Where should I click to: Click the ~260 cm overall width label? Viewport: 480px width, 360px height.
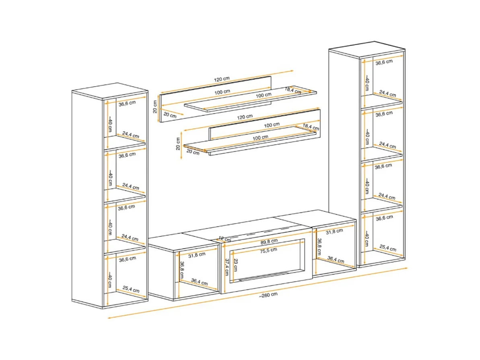(268, 295)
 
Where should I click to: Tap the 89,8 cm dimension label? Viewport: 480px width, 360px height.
(269, 242)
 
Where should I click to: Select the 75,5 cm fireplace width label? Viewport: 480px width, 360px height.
(268, 250)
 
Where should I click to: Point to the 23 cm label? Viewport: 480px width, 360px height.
(235, 265)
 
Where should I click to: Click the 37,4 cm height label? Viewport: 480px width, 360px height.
(227, 267)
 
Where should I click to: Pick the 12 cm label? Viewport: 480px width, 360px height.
(225, 239)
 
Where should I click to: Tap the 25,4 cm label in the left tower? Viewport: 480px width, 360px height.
(131, 289)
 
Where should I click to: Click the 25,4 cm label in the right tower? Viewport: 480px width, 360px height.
(388, 248)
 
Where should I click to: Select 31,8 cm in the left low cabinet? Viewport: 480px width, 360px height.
(197, 255)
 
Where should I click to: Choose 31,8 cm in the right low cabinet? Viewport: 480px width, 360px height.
(334, 232)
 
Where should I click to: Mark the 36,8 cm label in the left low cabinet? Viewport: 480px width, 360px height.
(182, 270)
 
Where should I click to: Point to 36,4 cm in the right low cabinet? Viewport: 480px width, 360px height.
(336, 260)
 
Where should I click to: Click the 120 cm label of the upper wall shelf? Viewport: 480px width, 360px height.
(222, 79)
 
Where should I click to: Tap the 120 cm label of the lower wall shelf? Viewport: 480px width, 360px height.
(245, 117)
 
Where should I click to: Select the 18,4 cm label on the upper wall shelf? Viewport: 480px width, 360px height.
(293, 90)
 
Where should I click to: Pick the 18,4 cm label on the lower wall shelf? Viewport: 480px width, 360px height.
(311, 126)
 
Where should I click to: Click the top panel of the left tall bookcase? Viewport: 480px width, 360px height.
(109, 91)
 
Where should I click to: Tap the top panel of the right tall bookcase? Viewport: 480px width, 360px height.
(367, 49)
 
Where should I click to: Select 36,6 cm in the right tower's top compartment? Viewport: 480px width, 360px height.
(384, 62)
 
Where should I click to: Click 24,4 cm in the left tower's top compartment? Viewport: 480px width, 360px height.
(131, 134)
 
